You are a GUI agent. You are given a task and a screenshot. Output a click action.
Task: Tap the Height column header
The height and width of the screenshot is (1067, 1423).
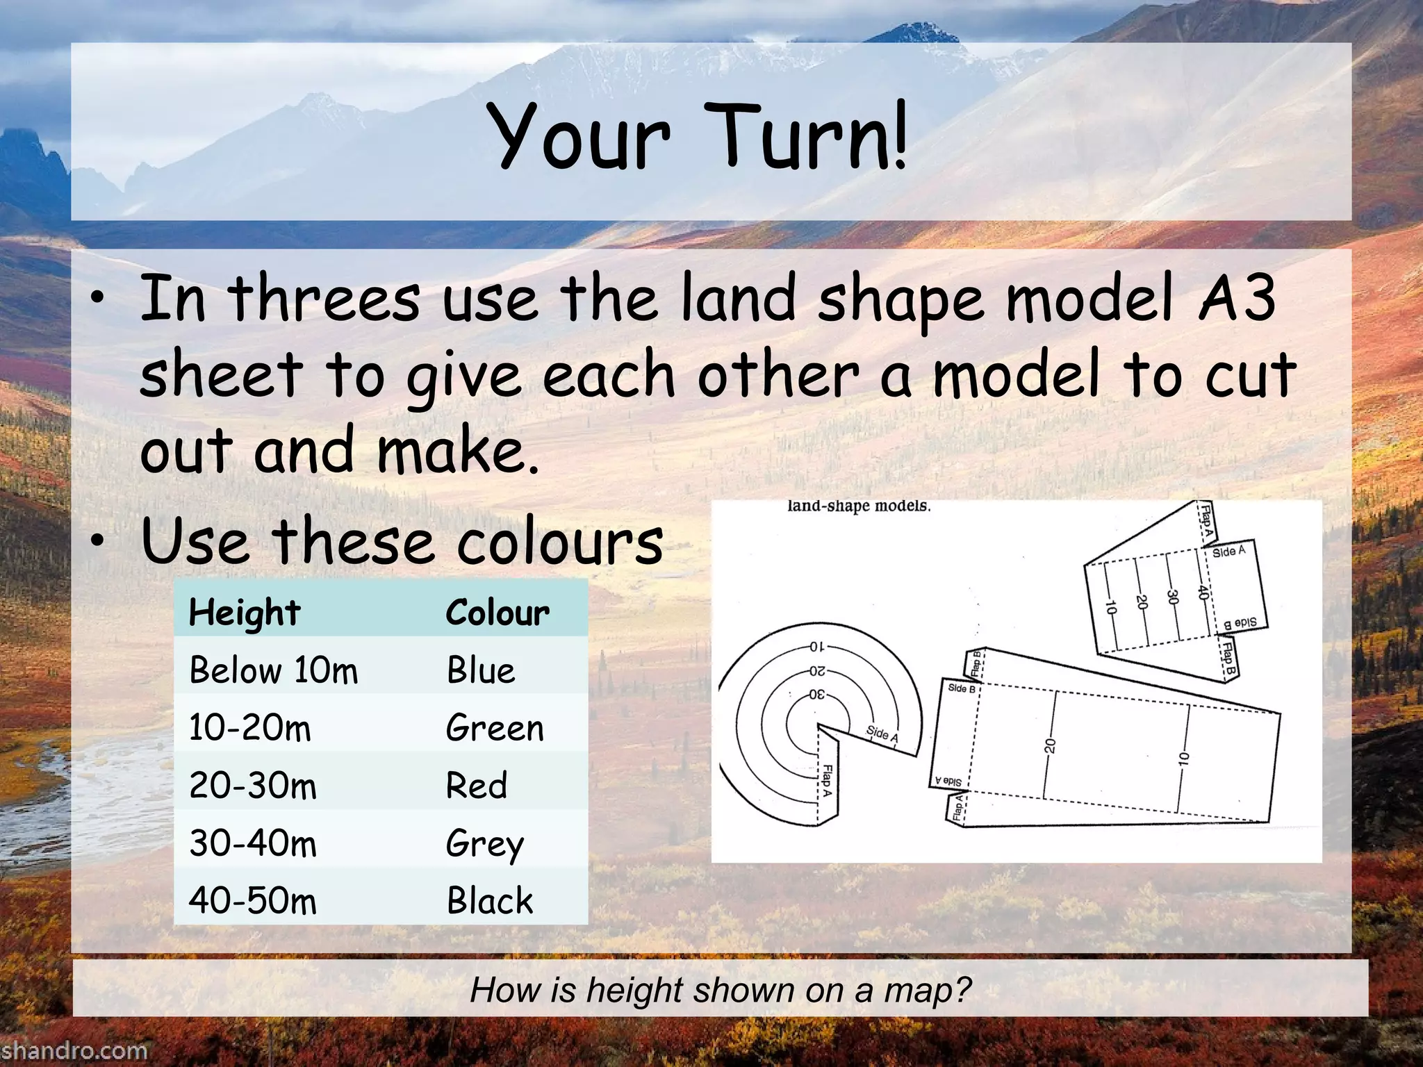244,613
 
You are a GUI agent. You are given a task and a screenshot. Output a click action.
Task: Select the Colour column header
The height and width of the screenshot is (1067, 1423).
497,613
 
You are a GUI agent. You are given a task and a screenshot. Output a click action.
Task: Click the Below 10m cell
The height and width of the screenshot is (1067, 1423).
273,670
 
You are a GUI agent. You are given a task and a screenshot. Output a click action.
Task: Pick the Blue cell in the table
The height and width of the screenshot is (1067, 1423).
481,670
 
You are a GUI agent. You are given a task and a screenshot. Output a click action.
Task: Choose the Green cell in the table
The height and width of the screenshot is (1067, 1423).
495,728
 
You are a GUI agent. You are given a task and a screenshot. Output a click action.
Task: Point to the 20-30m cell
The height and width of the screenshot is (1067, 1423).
253,786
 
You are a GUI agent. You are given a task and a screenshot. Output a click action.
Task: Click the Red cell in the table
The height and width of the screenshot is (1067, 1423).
477,786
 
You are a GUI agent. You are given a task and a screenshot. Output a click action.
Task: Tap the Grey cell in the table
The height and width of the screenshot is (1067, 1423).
485,844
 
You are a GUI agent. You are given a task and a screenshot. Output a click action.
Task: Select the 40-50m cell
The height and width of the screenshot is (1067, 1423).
253,901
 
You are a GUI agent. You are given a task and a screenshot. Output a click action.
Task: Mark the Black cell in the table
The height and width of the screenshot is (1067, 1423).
490,901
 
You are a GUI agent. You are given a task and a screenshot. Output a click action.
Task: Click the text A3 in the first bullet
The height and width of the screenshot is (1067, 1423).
1237,299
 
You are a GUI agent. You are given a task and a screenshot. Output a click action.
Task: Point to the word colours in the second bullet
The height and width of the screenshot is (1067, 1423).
560,542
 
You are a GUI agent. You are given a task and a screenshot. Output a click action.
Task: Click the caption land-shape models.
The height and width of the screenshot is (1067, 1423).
859,506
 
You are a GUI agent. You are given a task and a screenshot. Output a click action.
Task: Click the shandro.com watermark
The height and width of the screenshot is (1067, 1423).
74,1050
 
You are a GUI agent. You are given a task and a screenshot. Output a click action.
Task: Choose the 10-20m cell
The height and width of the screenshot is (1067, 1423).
250,728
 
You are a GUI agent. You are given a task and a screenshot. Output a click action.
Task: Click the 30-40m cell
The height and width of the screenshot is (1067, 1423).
253,844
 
